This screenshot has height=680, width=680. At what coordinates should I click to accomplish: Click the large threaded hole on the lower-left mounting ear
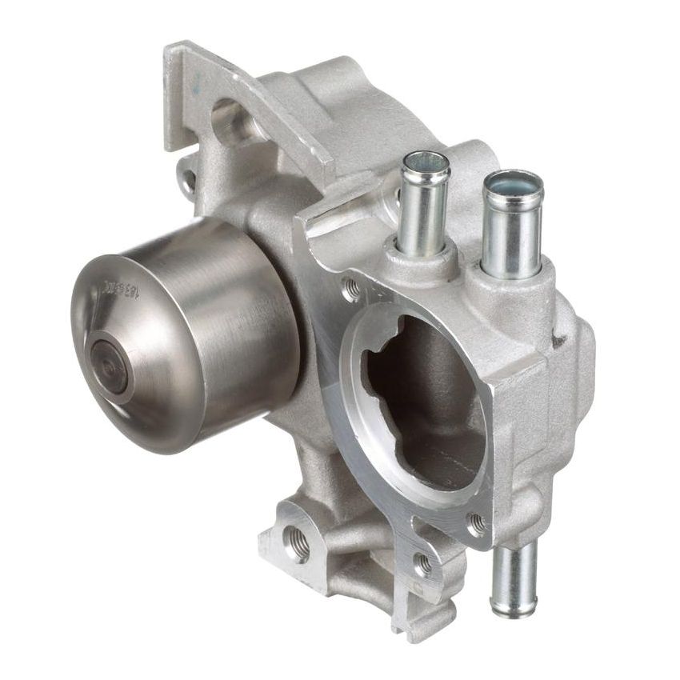pyautogui.click(x=299, y=544)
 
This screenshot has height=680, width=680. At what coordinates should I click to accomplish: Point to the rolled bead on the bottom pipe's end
pyautogui.click(x=513, y=610)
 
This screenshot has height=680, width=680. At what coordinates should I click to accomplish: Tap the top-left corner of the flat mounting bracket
pyautogui.click(x=170, y=50)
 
